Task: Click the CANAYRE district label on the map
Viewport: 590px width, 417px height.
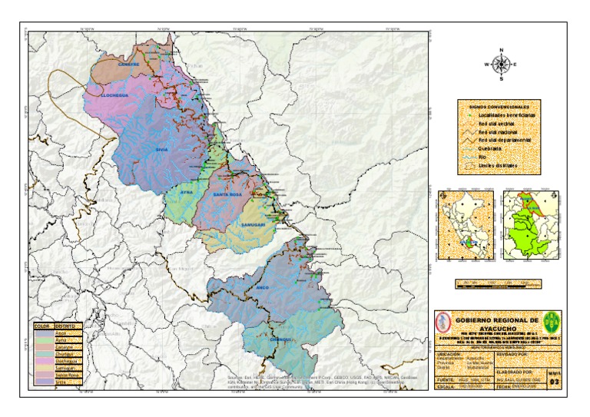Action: [x=128, y=65]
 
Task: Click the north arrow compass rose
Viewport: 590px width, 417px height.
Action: [x=501, y=65]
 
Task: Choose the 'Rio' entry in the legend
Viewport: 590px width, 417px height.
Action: [x=483, y=156]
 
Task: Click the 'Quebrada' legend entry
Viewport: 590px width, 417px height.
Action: [x=490, y=148]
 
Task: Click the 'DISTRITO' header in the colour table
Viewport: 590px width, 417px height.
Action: [x=65, y=326]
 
